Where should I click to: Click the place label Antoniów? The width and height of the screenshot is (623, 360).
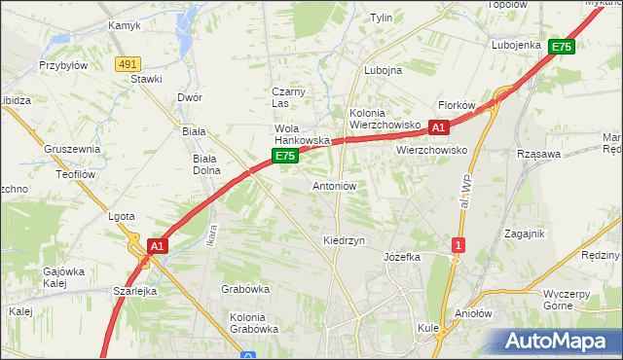click(335, 186)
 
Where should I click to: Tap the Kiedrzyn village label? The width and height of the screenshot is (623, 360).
click(343, 240)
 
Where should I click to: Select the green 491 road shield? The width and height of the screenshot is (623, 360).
click(127, 63)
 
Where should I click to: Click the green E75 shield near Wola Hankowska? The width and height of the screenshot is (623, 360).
click(283, 156)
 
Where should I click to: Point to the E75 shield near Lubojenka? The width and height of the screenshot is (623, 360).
click(561, 46)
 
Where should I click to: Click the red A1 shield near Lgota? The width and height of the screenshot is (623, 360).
click(158, 247)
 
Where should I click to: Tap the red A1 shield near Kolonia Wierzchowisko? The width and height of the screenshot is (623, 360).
click(438, 126)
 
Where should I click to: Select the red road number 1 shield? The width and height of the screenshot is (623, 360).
click(457, 245)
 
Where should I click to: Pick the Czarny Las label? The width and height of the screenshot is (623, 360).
click(288, 97)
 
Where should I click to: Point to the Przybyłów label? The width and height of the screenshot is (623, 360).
click(63, 66)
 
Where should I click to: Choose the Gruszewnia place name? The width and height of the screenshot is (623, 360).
click(72, 150)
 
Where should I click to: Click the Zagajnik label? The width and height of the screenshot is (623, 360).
click(524, 234)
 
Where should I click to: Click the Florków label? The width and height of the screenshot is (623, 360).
click(456, 104)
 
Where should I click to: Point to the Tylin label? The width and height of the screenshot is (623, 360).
click(381, 18)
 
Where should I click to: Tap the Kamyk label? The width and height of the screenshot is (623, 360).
click(125, 25)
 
